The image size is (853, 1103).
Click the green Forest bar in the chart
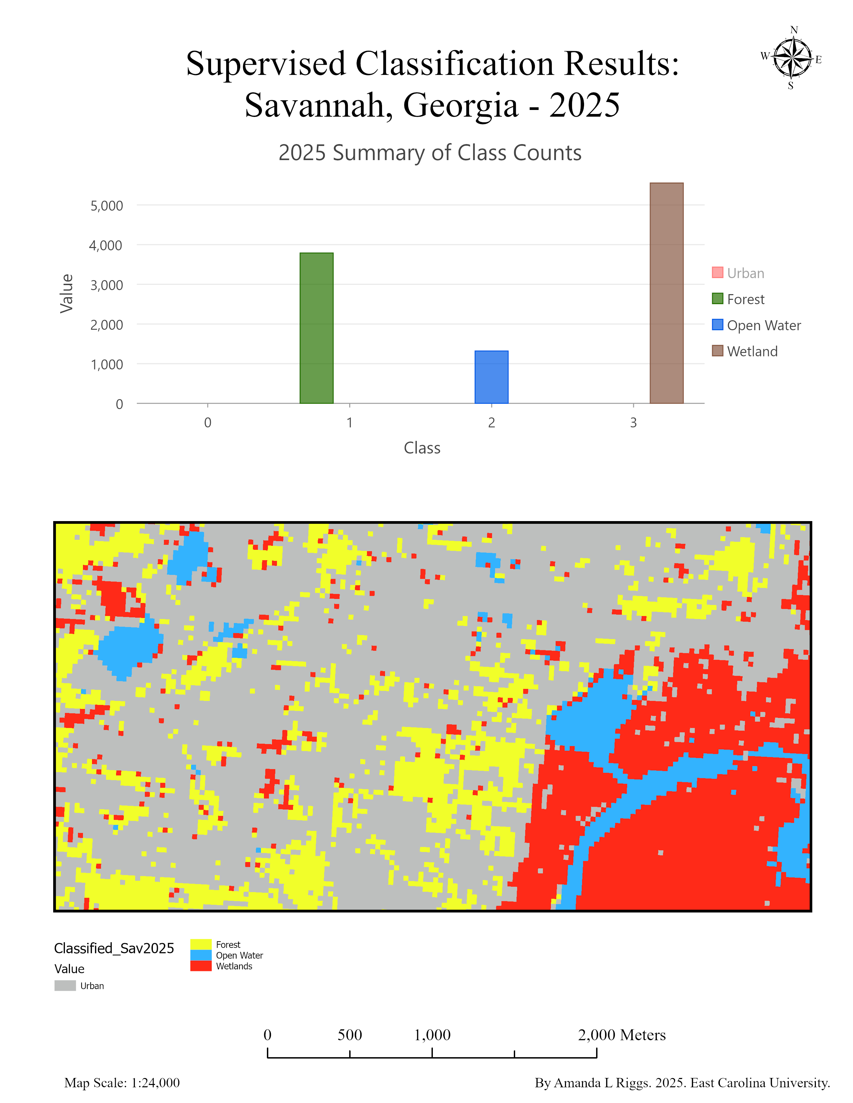coord(316,328)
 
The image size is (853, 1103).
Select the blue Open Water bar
coord(491,377)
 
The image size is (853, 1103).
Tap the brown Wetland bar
coord(666,293)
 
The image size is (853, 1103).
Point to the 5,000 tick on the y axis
coord(107,206)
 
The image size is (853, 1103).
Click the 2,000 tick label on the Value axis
coord(107,325)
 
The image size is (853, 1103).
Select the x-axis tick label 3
coord(633,423)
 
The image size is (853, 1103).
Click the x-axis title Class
coord(422,448)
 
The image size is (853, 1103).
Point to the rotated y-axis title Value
coord(67,293)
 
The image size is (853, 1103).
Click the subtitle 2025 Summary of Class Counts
coord(430,152)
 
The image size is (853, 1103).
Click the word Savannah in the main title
coord(318,106)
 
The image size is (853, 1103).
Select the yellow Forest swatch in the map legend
coord(201,945)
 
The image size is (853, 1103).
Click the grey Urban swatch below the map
coord(65,986)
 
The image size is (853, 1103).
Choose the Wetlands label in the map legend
coord(234,966)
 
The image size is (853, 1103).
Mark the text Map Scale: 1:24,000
coord(122,1083)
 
